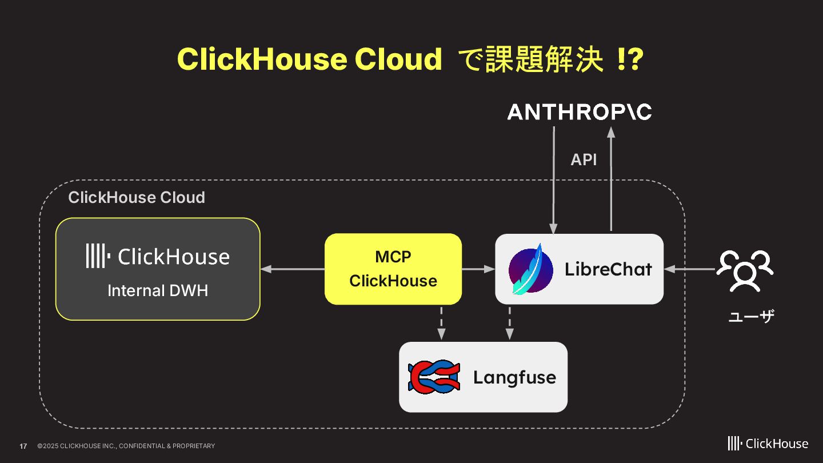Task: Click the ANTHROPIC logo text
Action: pos(579,112)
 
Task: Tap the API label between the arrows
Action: pos(584,160)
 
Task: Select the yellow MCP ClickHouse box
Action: pos(393,269)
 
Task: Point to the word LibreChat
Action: pos(608,269)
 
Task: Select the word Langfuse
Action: pos(514,377)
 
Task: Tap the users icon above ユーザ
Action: pos(745,270)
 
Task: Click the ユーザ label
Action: pos(751,316)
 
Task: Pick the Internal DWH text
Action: pos(158,290)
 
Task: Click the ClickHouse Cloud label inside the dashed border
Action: pos(137,197)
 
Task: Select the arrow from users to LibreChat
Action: pos(690,269)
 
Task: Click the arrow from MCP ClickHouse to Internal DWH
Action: pos(292,269)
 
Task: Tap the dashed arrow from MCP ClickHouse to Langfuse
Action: pos(441,323)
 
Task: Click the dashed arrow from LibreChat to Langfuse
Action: pos(509,323)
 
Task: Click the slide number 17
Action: pos(23,446)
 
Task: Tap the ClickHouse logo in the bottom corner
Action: pos(768,444)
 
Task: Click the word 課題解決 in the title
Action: pos(544,59)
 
